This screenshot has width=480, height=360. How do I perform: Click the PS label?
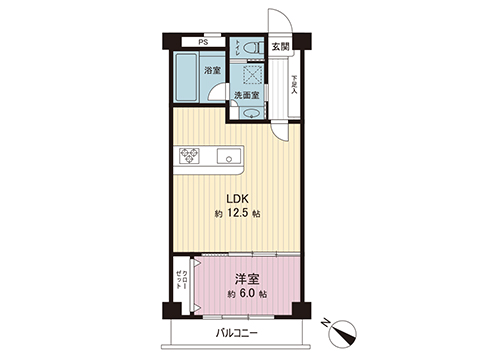click(x=202, y=42)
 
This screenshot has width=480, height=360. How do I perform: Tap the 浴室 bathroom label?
click(x=212, y=71)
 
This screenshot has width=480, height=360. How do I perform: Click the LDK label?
click(x=237, y=197)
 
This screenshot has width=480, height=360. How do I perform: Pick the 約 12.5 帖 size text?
click(x=237, y=214)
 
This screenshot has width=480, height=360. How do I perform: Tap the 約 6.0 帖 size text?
click(x=245, y=296)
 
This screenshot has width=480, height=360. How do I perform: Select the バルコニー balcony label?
click(x=236, y=334)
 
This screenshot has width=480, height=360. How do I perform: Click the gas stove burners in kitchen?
click(x=190, y=155)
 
